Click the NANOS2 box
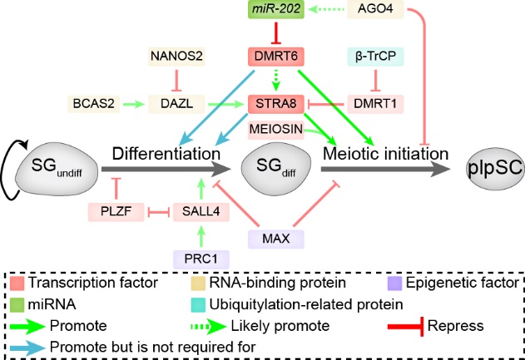(x=176, y=57)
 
